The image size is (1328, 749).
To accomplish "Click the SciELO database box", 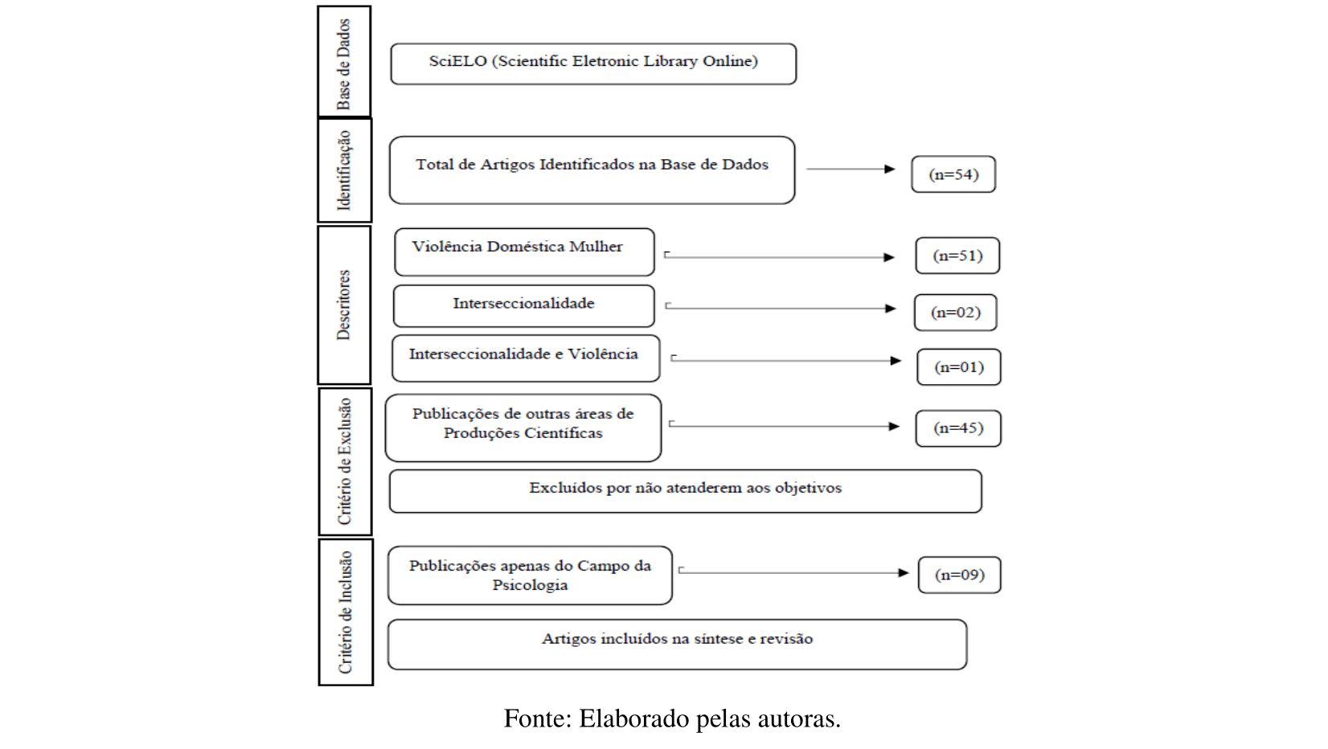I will pos(593,63).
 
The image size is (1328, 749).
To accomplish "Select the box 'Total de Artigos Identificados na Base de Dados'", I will pos(592,170).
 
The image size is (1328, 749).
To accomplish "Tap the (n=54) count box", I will pos(953,174).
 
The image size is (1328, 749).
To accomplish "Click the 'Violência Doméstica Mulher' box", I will pos(524,252).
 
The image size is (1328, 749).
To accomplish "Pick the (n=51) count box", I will pos(957,256).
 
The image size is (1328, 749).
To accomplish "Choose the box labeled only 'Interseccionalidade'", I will pos(524,305).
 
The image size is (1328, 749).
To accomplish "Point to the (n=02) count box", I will pos(956,313).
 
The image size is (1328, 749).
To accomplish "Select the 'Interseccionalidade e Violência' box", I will pos(526,358).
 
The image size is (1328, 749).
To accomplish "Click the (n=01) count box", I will pos(959,367).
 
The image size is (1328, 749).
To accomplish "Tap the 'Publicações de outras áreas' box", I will pos(523,428).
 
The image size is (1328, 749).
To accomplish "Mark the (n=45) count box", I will pos(958,428).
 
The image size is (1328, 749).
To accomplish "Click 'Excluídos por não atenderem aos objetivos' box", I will pos(685,491).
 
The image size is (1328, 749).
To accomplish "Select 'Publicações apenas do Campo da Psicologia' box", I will pos(530,575).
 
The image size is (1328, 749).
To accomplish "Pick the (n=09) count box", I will pos(960,575).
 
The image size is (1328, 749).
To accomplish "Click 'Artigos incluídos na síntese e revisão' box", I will pos(677,644).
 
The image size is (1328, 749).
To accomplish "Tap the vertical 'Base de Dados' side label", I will pos(344,62).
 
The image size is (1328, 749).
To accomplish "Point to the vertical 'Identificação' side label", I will pos(345,170).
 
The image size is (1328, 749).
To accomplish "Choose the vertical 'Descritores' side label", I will pos(344,305).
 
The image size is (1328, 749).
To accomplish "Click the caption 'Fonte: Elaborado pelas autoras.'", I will pos(672,718).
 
